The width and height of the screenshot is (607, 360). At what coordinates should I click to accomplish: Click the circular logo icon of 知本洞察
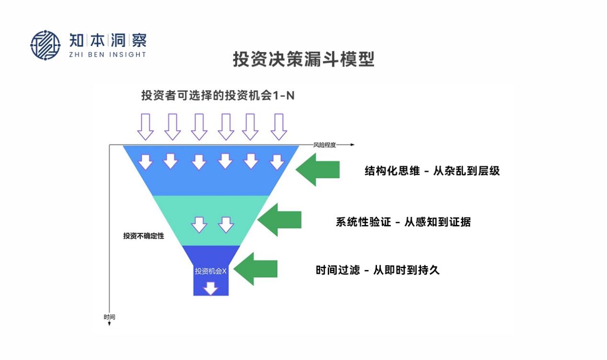(x=46, y=45)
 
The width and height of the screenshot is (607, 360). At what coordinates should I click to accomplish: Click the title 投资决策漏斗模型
(x=303, y=60)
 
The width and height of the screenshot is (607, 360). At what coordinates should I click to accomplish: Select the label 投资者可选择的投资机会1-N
(x=218, y=95)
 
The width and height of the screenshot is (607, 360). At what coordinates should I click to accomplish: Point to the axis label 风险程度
(x=325, y=145)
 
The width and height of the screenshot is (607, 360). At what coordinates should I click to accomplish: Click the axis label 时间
(x=109, y=317)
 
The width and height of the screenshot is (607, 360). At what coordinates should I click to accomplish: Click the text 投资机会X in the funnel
(x=210, y=271)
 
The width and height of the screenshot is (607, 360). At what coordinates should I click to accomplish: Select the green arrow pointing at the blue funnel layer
(x=318, y=169)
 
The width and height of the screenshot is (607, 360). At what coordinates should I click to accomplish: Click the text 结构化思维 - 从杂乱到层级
(x=432, y=171)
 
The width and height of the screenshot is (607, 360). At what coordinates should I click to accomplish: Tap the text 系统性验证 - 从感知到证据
(x=403, y=222)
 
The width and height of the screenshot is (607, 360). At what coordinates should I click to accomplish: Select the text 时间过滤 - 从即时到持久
(x=377, y=270)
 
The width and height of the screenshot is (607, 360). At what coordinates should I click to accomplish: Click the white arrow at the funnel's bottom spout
(x=210, y=288)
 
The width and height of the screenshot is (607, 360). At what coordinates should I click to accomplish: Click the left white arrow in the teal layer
(x=199, y=224)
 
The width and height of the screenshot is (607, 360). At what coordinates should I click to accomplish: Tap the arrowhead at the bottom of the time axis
(x=109, y=324)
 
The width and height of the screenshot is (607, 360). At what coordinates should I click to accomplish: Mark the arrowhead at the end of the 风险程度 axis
(x=353, y=145)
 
